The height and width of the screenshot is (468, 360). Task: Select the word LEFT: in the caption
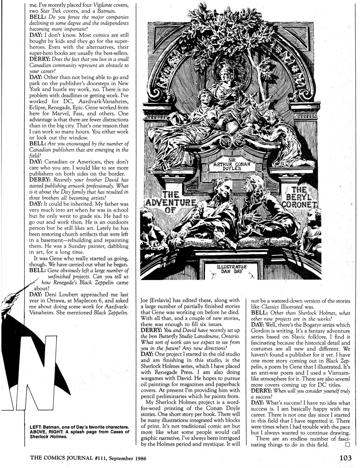click(36, 427)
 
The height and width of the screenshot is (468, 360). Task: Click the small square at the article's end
click(347, 444)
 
